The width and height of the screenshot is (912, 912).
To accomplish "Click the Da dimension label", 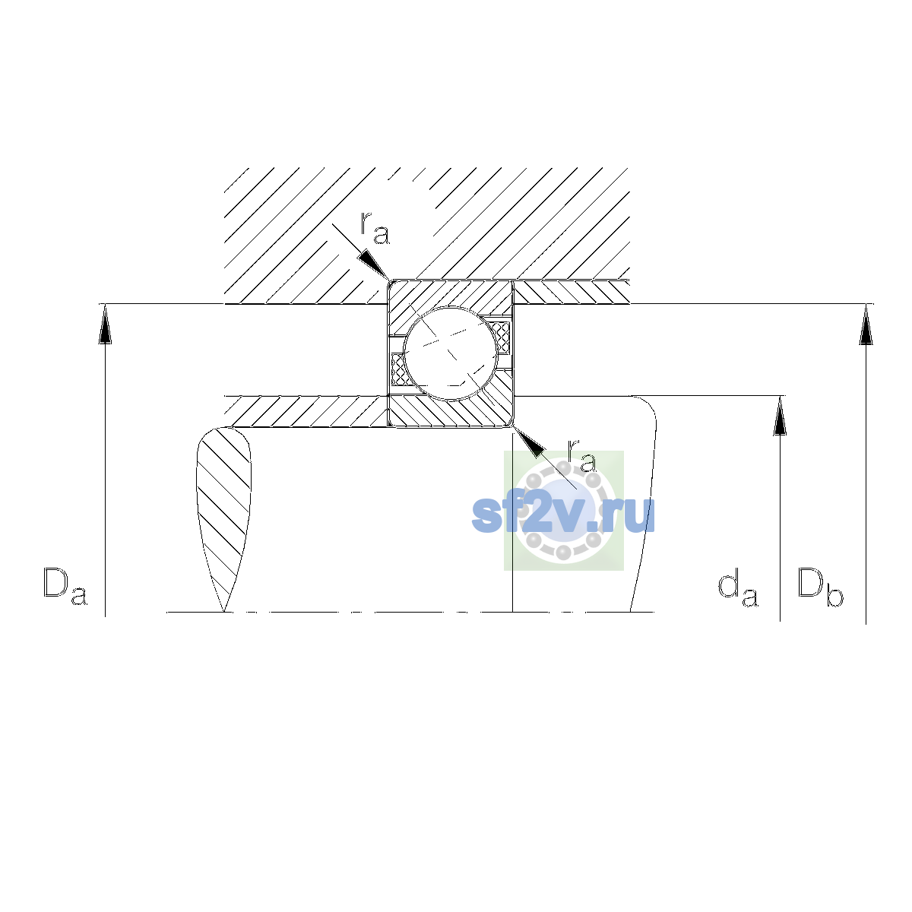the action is point(65,587).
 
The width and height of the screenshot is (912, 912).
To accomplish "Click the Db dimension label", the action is point(820,587).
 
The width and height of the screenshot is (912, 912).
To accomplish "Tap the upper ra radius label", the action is point(375,229).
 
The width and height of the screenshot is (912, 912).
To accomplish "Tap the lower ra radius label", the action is point(582,456).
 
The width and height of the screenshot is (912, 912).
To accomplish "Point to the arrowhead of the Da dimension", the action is point(105,324).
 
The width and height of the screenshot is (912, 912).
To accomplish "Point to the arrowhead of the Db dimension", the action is point(866,325).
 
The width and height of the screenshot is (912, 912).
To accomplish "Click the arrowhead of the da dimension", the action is point(780,416).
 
